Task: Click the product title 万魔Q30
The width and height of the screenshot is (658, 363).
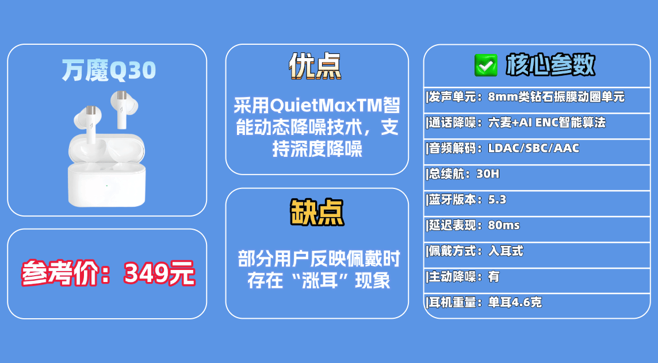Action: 109,70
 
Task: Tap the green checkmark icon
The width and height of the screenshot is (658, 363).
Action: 485,65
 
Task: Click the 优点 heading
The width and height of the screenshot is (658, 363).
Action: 315,66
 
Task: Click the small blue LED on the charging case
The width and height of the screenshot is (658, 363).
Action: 106,185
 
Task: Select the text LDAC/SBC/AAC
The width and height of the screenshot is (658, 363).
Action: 533,148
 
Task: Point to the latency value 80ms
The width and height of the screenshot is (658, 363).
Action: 503,225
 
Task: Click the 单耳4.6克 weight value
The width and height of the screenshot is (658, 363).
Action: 515,302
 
